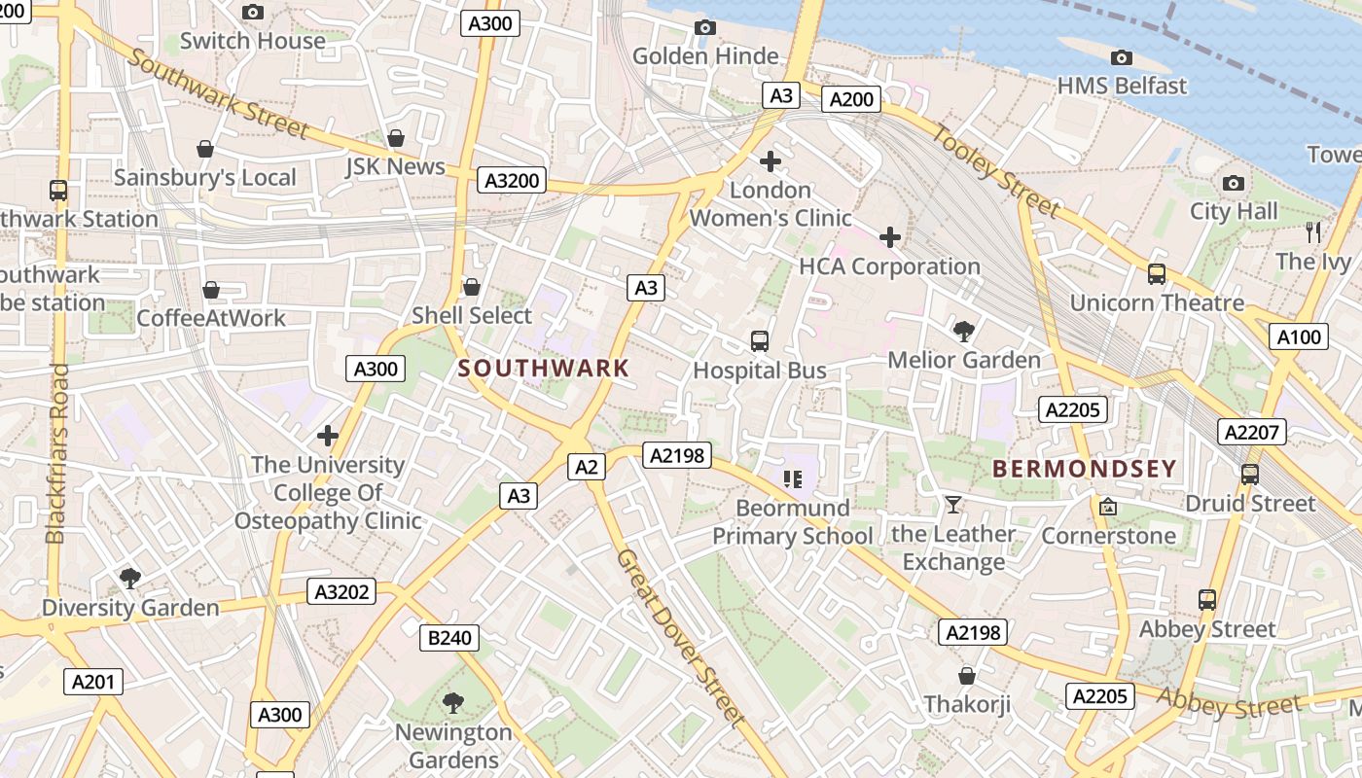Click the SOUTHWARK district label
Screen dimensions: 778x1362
544,369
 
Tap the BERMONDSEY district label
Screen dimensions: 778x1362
1085,469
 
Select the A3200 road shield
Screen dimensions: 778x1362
513,180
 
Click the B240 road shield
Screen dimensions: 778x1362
449,638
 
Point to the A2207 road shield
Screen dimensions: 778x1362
1252,432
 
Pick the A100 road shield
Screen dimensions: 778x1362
1299,337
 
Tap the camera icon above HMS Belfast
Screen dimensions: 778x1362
1122,58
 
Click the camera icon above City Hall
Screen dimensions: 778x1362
1234,183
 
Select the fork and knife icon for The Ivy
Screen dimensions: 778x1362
1313,232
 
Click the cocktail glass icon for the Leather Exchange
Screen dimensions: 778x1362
952,504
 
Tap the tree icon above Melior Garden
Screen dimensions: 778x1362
964,332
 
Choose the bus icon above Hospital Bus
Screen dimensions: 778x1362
760,341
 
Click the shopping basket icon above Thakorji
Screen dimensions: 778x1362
967,675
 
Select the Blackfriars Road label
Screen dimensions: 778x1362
57,453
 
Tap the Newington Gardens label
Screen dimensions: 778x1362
453,745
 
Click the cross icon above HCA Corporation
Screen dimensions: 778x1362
889,237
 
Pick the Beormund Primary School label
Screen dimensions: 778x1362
793,522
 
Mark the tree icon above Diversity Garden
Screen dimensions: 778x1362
130,579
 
